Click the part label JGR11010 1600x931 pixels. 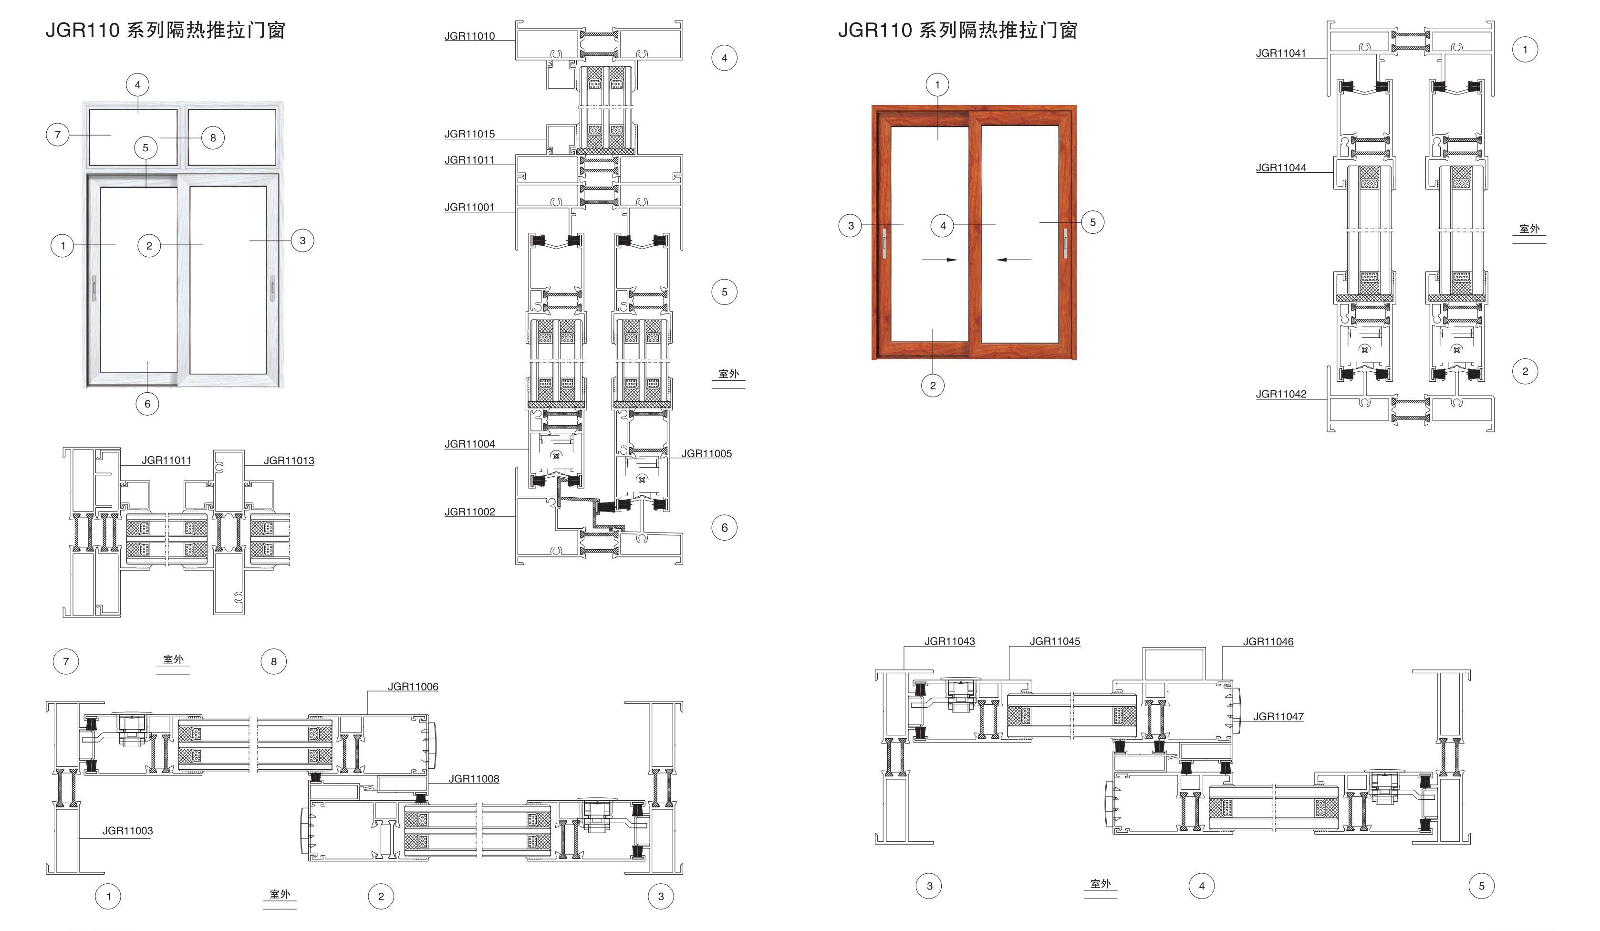pos(469,36)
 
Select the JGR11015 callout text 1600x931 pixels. pos(469,134)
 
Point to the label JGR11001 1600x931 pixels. pos(469,207)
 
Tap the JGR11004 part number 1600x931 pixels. pos(469,444)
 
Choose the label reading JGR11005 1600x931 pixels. pos(706,453)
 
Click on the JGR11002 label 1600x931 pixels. pos(469,512)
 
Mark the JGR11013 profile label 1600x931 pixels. pos(289,460)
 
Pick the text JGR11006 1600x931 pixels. pos(413,687)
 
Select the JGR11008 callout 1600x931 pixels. pos(474,779)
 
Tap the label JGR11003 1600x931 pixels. pos(128,831)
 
